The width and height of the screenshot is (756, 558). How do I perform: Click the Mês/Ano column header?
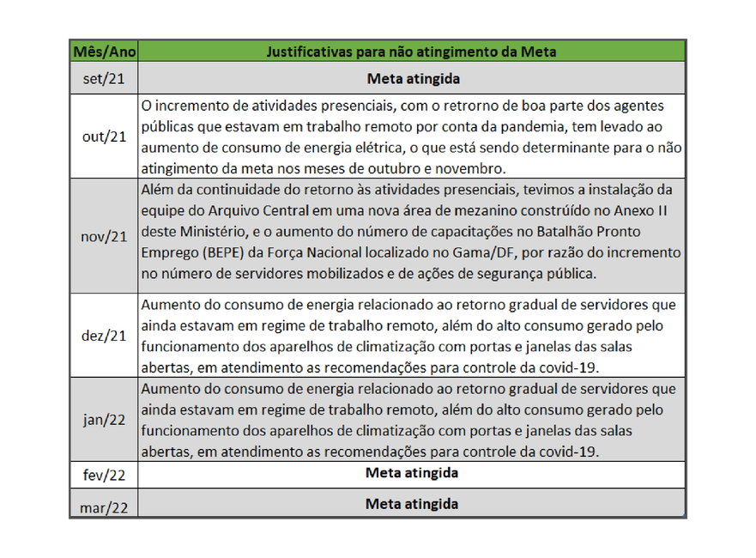tap(104, 52)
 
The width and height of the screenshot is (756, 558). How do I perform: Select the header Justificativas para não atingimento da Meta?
tap(413, 52)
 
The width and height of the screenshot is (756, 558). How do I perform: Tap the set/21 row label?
tap(104, 78)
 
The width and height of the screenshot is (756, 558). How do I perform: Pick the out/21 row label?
tap(104, 136)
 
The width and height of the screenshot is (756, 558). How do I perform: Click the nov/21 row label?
tap(104, 236)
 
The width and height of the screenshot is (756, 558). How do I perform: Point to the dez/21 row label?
tap(104, 336)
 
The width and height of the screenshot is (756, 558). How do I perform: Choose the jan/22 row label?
tap(104, 419)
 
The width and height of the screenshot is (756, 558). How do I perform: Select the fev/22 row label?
tap(104, 475)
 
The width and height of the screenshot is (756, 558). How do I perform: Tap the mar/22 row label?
tap(104, 506)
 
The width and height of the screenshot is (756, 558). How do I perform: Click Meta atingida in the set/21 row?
tap(413, 78)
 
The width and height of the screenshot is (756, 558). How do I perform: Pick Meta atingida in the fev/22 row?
tap(412, 473)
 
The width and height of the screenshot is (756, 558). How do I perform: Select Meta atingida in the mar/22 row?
tap(412, 503)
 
